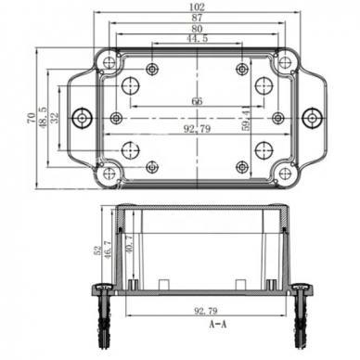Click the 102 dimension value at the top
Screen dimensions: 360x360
pos(198,6)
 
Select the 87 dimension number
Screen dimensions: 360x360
pos(198,18)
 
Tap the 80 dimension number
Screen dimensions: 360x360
pos(197,29)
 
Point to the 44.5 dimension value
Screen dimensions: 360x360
pos(197,38)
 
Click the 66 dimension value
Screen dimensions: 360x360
pos(197,101)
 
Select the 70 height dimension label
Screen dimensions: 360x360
pos(32,118)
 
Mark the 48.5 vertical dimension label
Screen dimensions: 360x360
pos(42,118)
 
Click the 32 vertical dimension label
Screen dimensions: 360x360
pos(54,118)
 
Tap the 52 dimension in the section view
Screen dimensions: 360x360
pos(98,250)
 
